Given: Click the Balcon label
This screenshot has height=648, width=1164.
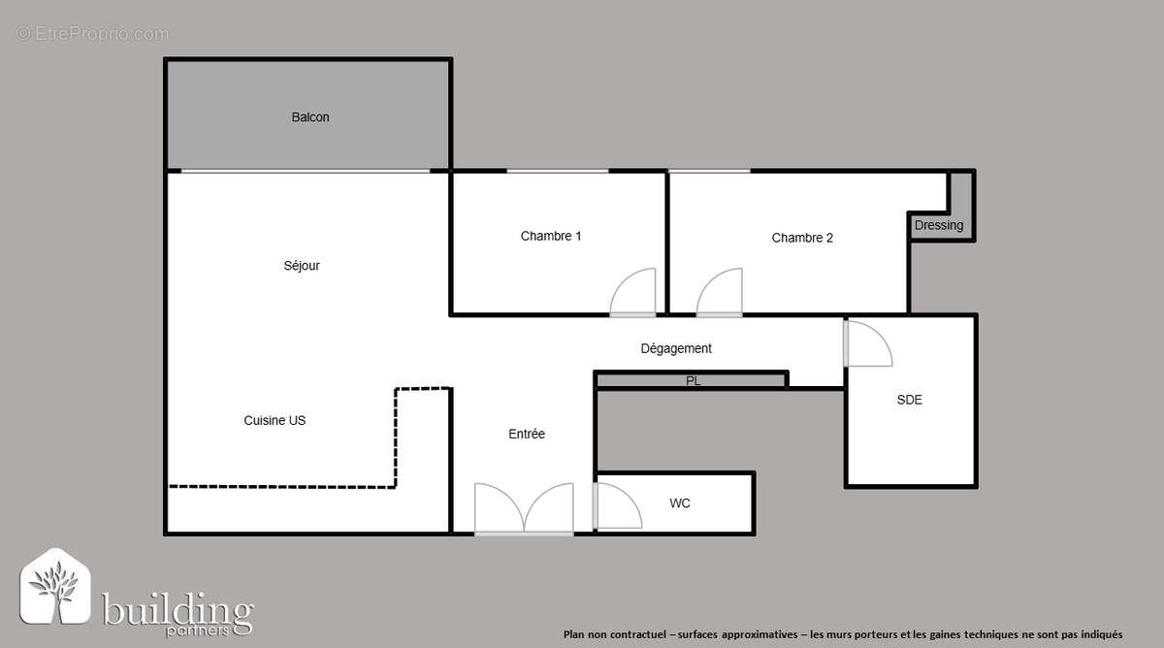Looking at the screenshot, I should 310,117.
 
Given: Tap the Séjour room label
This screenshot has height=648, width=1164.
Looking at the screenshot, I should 302,266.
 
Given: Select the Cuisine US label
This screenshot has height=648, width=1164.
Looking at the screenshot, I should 275,421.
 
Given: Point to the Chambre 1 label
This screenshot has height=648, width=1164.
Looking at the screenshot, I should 551,236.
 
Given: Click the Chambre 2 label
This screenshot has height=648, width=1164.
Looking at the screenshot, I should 802,238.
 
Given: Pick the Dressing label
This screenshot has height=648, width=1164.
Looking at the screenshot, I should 939,226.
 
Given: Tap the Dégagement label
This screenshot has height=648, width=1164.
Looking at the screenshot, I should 676,348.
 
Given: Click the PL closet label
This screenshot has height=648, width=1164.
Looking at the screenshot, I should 693,381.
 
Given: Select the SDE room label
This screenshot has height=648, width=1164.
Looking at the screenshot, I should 909,400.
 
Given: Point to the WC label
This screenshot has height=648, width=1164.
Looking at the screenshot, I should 680,503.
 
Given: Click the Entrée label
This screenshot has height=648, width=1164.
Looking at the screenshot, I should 527,434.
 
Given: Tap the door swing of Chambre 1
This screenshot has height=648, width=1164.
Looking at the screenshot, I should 635,293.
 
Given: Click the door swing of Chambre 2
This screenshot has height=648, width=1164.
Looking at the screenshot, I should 721,293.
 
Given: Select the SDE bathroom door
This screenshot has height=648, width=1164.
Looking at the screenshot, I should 866,344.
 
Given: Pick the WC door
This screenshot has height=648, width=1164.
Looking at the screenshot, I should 615,504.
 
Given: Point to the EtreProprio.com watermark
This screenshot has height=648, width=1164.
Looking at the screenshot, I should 93,34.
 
